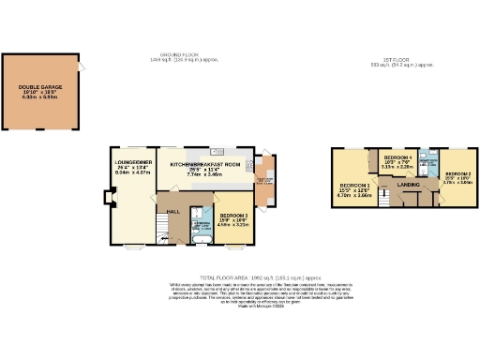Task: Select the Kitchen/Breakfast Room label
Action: click(207, 165)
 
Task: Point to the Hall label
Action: click(173, 212)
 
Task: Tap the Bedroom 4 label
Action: click(398, 161)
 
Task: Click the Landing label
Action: click(409, 185)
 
